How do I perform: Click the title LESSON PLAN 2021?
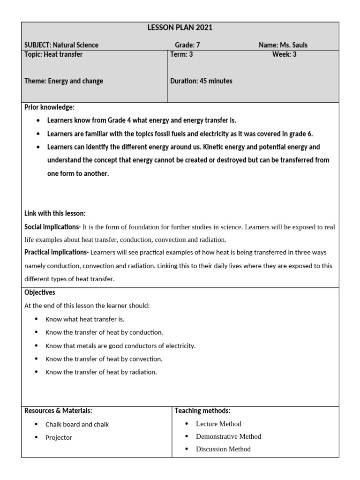(180, 28)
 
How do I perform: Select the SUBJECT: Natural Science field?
(61, 45)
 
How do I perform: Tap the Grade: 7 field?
(187, 45)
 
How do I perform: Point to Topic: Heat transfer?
(53, 54)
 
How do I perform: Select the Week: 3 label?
(284, 54)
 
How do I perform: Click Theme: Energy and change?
(64, 81)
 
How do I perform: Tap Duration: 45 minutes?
(201, 81)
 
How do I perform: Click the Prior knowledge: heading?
(49, 107)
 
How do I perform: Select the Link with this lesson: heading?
(55, 213)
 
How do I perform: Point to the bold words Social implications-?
(52, 227)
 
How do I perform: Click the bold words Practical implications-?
(56, 252)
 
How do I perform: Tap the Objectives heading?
(40, 292)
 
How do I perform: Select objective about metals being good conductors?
(120, 346)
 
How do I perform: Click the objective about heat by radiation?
(101, 372)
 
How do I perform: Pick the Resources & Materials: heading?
(58, 411)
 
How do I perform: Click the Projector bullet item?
(59, 437)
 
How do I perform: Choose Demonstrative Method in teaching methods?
(228, 436)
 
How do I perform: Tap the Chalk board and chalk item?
(77, 424)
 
